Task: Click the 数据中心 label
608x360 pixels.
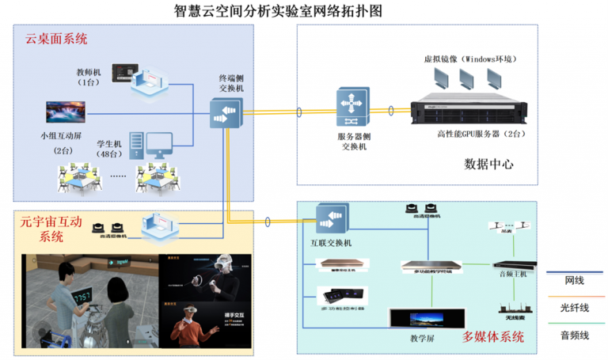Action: click(488, 165)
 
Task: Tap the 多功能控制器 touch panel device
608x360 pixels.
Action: click(340, 295)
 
